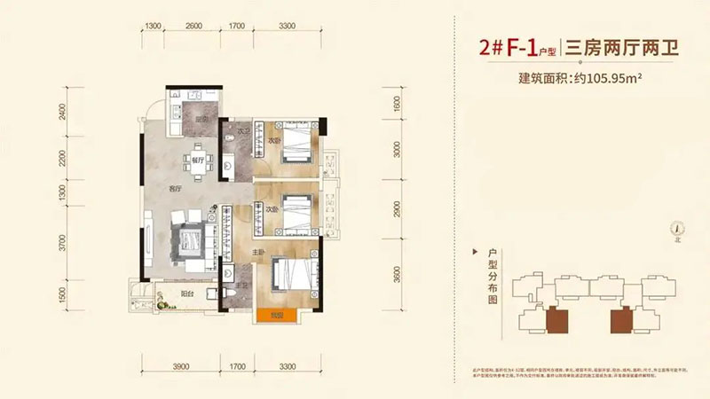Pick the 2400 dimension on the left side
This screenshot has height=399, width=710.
click(x=63, y=113)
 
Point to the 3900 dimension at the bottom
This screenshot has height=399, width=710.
click(x=182, y=364)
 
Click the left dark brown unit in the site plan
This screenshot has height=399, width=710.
click(x=557, y=317)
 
